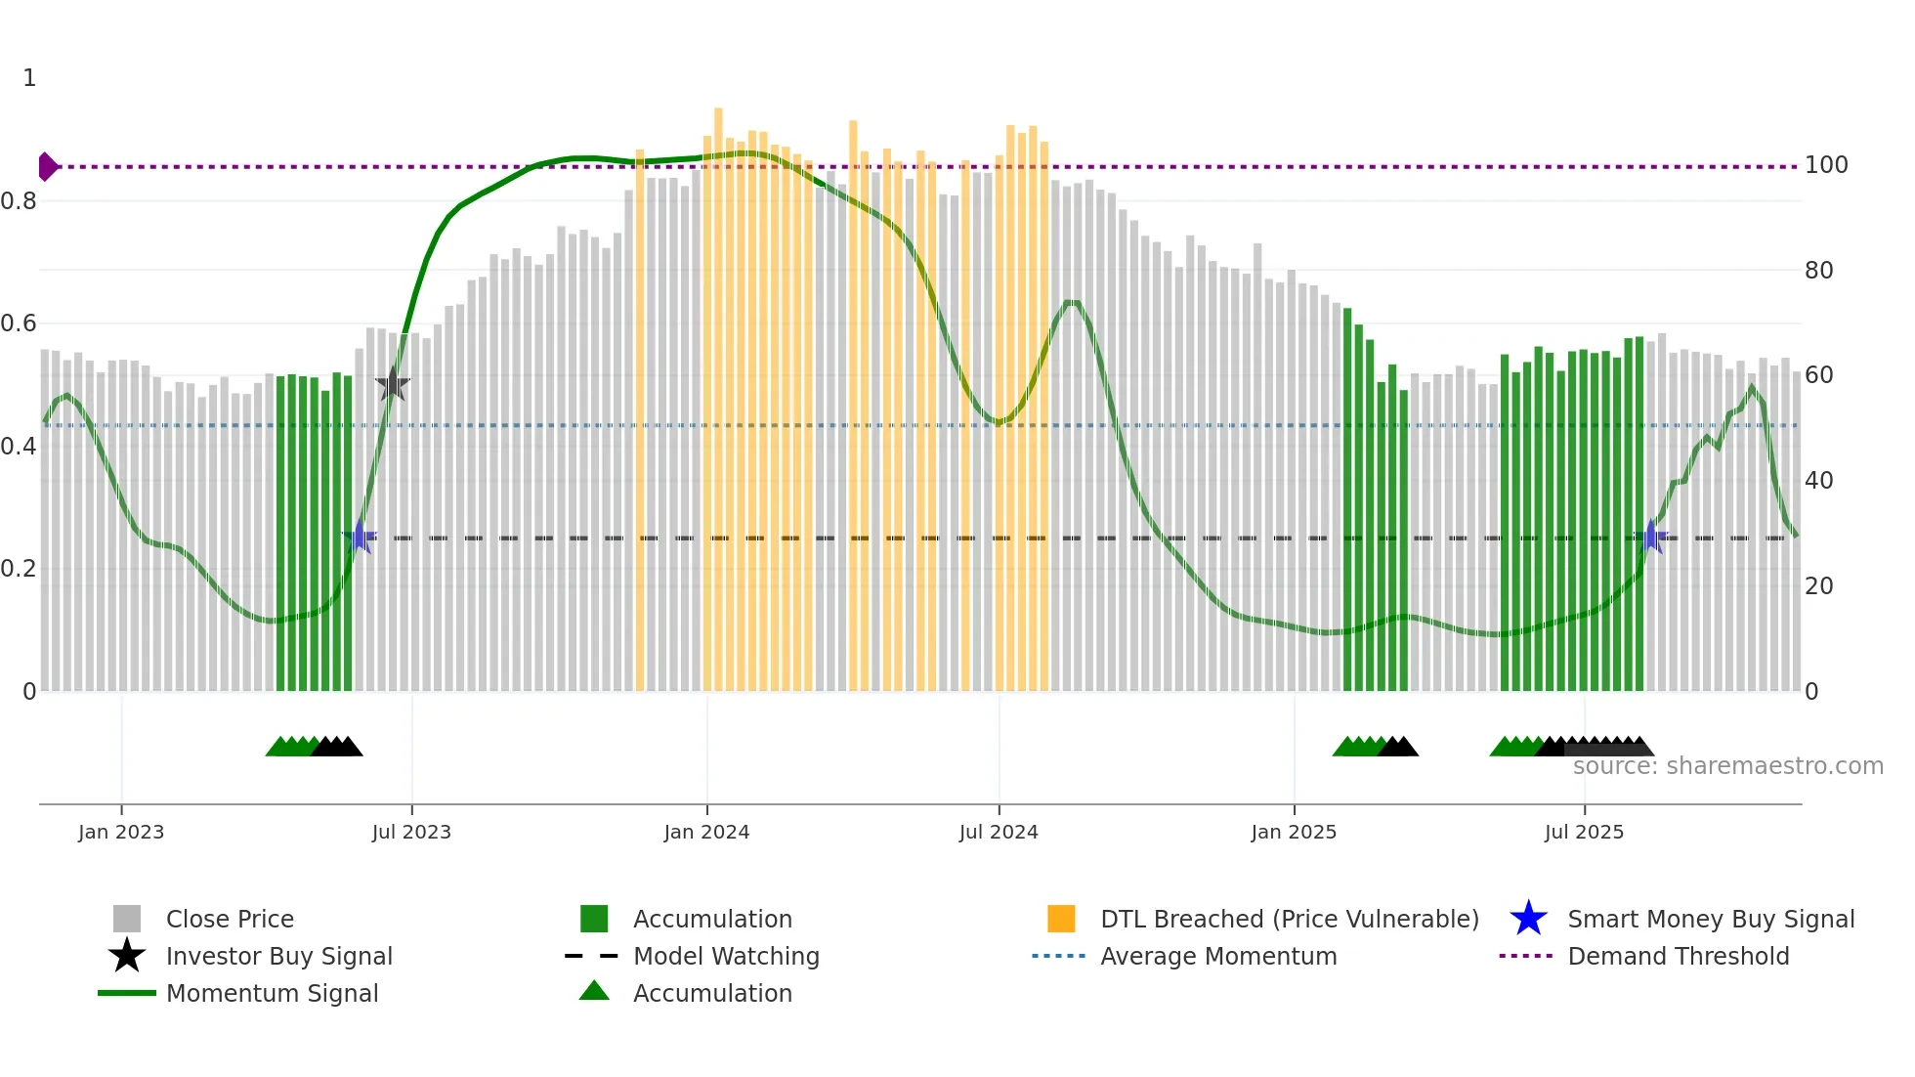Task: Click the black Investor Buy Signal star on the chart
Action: tap(393, 385)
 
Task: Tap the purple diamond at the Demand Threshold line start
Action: tap(47, 167)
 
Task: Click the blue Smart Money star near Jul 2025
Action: tap(1651, 537)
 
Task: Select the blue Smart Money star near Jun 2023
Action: tap(360, 537)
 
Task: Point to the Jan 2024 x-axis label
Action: tap(706, 833)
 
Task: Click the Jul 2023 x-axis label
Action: tap(411, 833)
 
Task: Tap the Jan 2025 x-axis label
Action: tap(1294, 833)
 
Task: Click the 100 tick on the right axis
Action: tap(1825, 165)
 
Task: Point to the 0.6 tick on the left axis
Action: tap(19, 323)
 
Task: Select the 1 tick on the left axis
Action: tap(29, 78)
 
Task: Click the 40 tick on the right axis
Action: tap(1818, 481)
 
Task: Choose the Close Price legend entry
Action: tap(230, 920)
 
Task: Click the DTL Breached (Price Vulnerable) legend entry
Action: tap(1289, 920)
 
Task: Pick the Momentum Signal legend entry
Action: tap(272, 994)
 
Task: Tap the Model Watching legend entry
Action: tap(726, 957)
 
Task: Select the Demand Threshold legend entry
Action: tap(1678, 957)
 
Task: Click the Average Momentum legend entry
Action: tap(1218, 957)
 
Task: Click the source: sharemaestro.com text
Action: tap(1727, 766)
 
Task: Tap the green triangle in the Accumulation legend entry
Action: tap(594, 991)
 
